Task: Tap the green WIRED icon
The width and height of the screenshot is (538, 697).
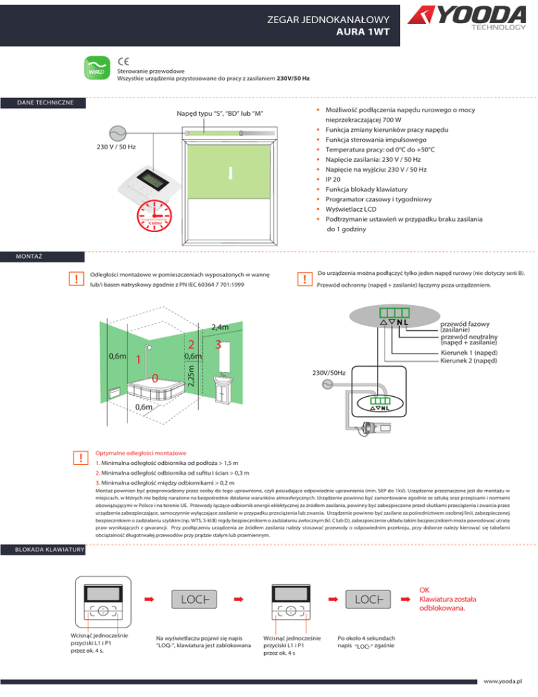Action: click(x=97, y=69)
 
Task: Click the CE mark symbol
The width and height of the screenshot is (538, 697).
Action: click(x=123, y=60)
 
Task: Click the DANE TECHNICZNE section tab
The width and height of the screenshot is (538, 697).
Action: click(x=42, y=104)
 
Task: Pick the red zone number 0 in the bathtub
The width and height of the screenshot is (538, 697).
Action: click(x=155, y=378)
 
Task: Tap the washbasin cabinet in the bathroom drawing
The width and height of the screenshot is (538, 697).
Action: click(x=224, y=393)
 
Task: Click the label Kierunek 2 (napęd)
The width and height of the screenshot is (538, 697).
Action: click(x=468, y=360)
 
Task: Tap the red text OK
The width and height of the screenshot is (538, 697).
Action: click(x=425, y=570)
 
